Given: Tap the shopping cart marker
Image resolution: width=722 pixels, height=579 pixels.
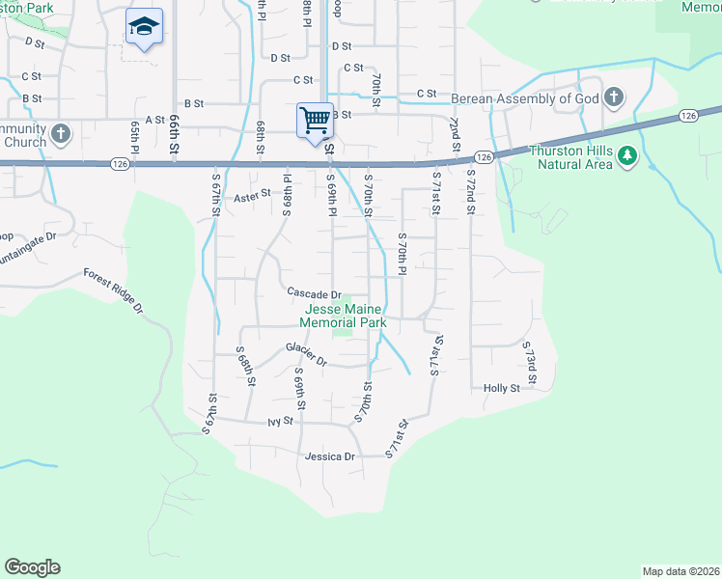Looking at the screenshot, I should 315,122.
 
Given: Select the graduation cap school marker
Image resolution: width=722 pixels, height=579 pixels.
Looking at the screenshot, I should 144,27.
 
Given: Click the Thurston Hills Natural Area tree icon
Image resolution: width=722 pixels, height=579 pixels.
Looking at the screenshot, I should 627,155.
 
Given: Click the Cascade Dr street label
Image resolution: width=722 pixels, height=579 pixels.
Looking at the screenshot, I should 314,293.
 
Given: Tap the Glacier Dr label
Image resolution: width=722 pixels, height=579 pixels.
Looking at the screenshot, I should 307,353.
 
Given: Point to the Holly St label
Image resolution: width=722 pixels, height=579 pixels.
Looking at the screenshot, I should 502,388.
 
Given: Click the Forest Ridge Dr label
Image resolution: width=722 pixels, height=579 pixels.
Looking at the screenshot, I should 113,290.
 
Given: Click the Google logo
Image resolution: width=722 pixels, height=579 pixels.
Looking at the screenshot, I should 32,567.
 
